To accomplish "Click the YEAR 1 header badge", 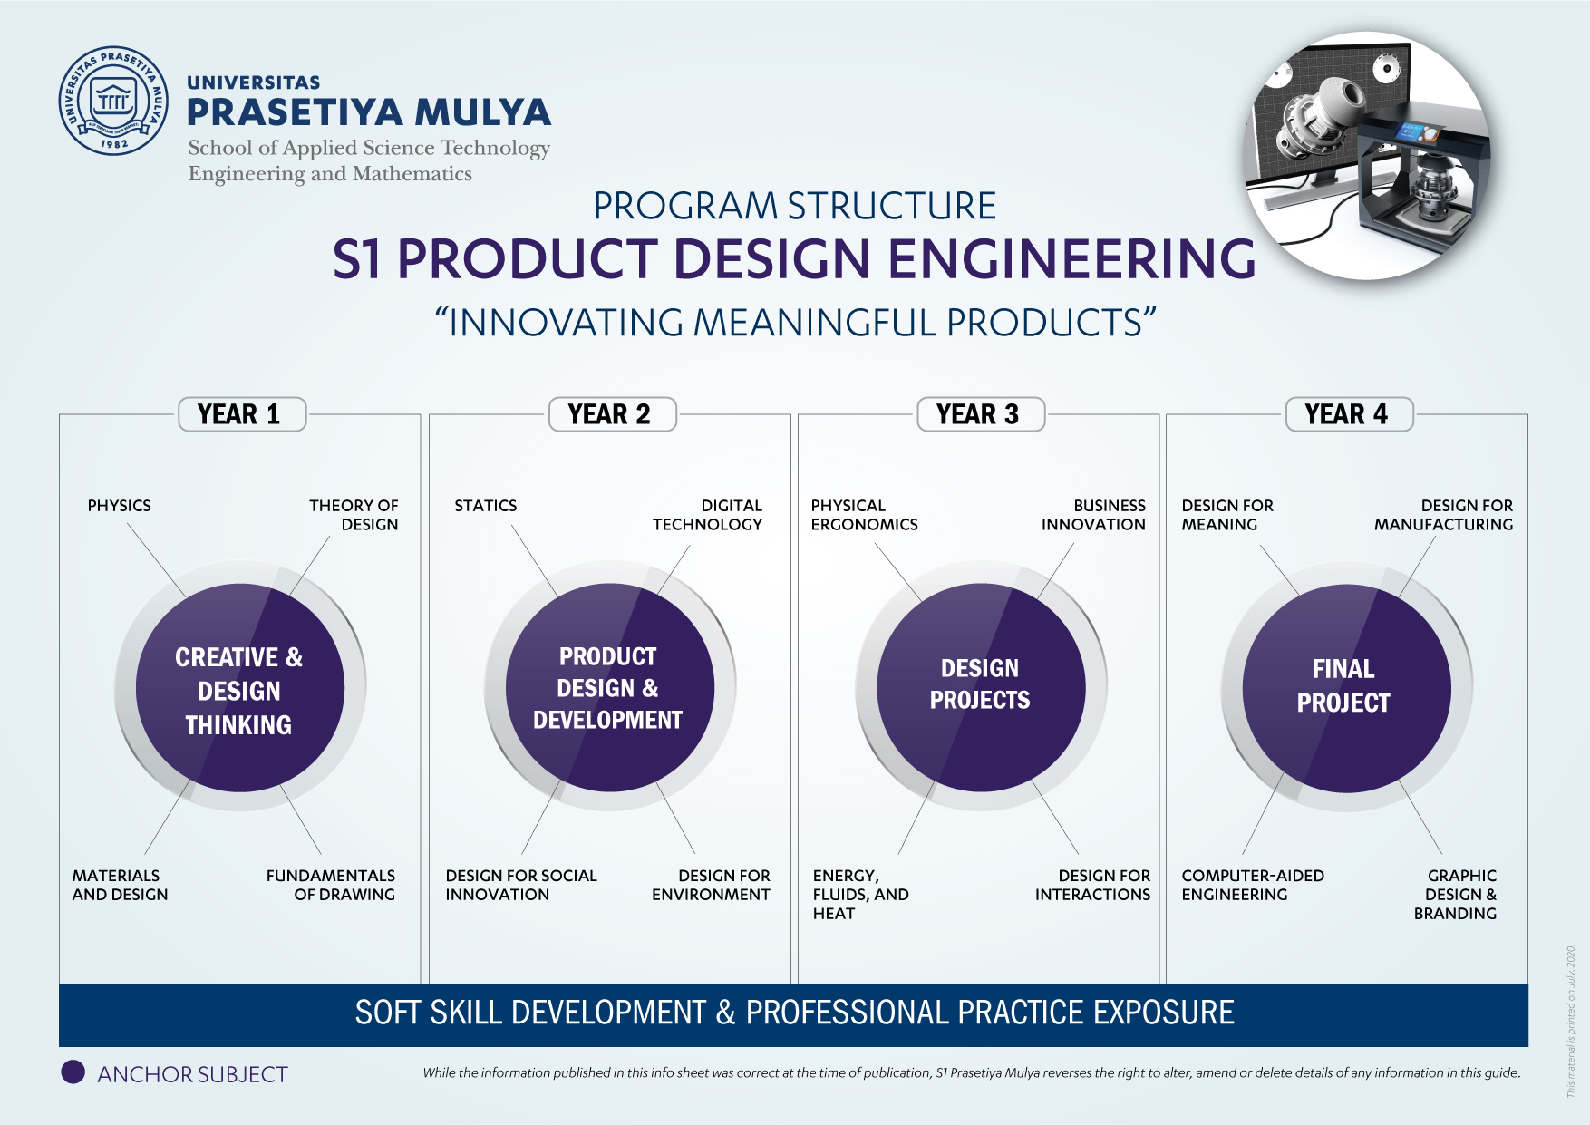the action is pos(242,414).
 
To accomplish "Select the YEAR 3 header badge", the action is pos(981,414).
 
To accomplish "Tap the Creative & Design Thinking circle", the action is pos(240,688).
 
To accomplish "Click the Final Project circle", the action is pos(1346,688).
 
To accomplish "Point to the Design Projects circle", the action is pos(981,688).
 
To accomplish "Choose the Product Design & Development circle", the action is pos(610,688).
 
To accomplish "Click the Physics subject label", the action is pos(120,506).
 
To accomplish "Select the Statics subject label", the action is pos(486,506).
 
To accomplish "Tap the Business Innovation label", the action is pos(1093,515).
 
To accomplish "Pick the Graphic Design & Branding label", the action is pos(1456,895).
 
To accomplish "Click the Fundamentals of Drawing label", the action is pos(331,885).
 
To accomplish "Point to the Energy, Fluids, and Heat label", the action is pos(861,895).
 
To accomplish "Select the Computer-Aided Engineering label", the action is pos(1253,885).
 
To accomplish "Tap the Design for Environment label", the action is pos(711,885).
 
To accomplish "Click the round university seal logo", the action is pos(113,101).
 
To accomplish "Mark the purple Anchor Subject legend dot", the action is pos(73,1072).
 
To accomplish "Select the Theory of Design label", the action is pos(354,515).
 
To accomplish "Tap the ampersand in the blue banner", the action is pos(725,1013).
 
